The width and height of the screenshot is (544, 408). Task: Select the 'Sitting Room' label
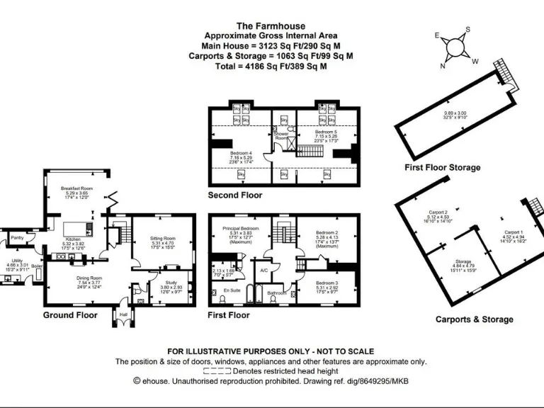163,239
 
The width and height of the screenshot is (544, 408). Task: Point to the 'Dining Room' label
89,278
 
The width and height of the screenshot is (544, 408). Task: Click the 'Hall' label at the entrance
123,314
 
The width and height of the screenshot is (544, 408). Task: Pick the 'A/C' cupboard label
263,270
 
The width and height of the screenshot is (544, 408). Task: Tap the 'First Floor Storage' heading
442,168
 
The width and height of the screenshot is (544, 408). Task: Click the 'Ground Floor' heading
70,314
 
